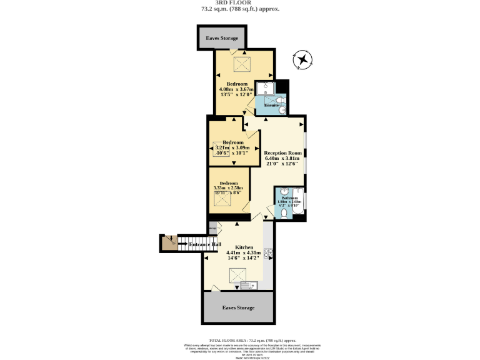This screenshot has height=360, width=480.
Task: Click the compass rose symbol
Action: coord(302,60)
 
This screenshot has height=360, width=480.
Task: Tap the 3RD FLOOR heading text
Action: coord(240,2)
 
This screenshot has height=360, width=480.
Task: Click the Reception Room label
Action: coord(283,153)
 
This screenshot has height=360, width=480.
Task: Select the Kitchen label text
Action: coord(244,247)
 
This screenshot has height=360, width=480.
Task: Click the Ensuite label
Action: coord(271,105)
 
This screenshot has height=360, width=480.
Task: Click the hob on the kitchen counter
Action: coord(267,253)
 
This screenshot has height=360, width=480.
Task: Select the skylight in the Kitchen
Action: coord(237,273)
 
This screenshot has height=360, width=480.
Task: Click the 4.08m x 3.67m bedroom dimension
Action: coord(237,89)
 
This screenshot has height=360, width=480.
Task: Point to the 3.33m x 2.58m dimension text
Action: coord(232,188)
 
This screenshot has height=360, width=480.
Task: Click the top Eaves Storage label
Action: coord(222,39)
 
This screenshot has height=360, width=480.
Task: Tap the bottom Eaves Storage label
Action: coord(239,308)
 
